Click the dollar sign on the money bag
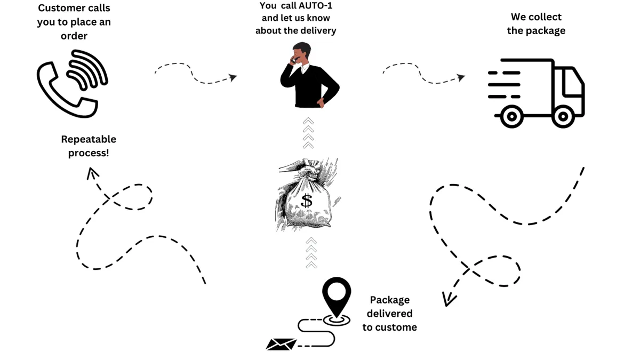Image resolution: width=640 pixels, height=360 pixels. [x=307, y=201]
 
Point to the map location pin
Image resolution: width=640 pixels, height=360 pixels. [x=337, y=297]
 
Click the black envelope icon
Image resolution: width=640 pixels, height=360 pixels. [x=281, y=345]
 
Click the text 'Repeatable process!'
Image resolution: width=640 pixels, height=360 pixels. [x=89, y=146]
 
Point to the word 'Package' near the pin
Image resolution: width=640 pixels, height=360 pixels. [x=389, y=300]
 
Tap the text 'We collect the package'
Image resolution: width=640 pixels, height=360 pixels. [x=536, y=24]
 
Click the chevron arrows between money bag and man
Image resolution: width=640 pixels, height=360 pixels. [x=308, y=134]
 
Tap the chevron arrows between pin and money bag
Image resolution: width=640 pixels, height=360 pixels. [x=311, y=253]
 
